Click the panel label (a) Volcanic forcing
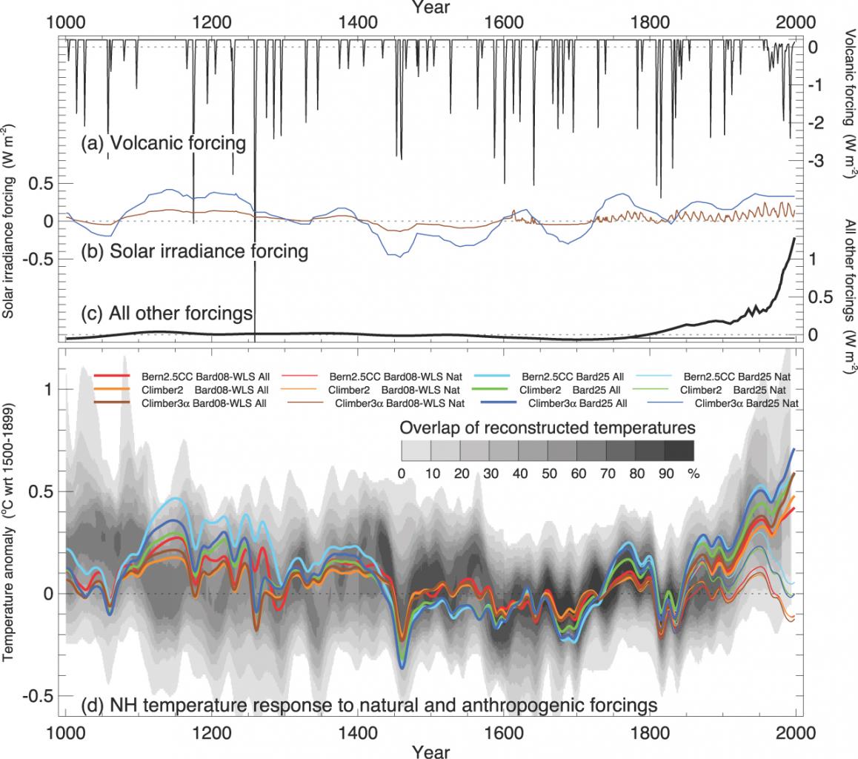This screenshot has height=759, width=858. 163,142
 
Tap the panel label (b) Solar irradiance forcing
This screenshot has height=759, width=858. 194,251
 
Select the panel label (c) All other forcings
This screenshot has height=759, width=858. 167,314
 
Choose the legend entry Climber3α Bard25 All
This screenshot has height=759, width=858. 576,404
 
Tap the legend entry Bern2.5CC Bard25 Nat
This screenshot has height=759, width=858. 742,377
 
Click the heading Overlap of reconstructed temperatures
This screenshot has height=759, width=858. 548,428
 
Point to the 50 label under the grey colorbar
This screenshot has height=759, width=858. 548,473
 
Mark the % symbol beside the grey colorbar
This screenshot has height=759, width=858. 694,473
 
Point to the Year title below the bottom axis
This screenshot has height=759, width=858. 430,750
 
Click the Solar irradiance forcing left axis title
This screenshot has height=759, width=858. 10,222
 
